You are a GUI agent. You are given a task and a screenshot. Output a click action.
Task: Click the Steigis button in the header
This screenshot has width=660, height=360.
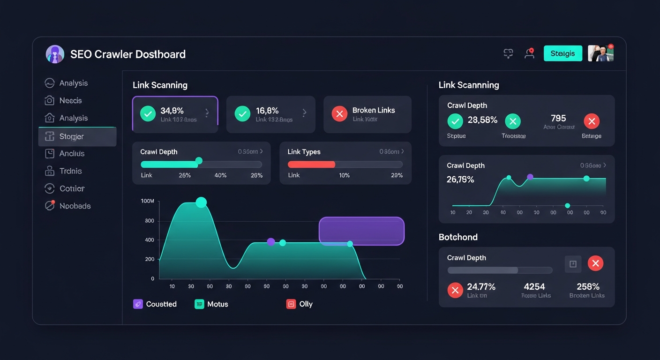[562, 53]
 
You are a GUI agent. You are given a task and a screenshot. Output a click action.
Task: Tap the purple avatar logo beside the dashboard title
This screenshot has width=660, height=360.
[55, 54]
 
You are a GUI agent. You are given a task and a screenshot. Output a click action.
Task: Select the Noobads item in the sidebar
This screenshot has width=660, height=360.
[75, 206]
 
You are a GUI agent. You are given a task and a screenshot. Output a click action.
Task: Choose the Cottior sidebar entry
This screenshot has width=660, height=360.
[72, 188]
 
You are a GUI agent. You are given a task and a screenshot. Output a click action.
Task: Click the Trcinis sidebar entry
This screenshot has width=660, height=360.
[70, 171]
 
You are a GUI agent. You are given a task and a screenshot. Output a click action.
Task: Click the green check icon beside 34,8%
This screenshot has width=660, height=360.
[148, 113]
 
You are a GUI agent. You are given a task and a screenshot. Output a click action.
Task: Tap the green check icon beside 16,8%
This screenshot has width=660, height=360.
[242, 113]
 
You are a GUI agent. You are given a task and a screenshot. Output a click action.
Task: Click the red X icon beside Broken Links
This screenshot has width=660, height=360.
[339, 113]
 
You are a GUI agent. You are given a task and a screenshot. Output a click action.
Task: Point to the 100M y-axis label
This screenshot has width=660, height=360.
[147, 201]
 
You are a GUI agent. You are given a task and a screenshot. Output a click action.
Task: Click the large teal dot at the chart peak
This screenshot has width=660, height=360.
[201, 202]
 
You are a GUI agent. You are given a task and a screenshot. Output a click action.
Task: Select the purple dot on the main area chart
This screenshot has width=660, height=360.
[270, 242]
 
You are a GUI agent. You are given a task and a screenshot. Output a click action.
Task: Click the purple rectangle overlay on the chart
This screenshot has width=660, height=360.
[361, 231]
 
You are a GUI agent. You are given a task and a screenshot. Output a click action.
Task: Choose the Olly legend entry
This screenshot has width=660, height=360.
[300, 304]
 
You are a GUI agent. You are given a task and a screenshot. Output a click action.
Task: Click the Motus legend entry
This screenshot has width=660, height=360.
[211, 304]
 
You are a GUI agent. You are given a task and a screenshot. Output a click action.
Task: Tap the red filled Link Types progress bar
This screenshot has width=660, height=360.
[311, 165]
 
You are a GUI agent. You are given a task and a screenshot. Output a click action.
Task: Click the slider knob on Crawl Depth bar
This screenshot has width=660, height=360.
[199, 161]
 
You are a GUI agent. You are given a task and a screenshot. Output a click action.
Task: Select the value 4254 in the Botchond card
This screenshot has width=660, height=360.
[534, 286]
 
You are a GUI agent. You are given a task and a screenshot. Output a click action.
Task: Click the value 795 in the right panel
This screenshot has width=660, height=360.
[558, 118]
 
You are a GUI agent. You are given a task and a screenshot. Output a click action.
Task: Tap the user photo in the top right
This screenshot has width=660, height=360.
[600, 53]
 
